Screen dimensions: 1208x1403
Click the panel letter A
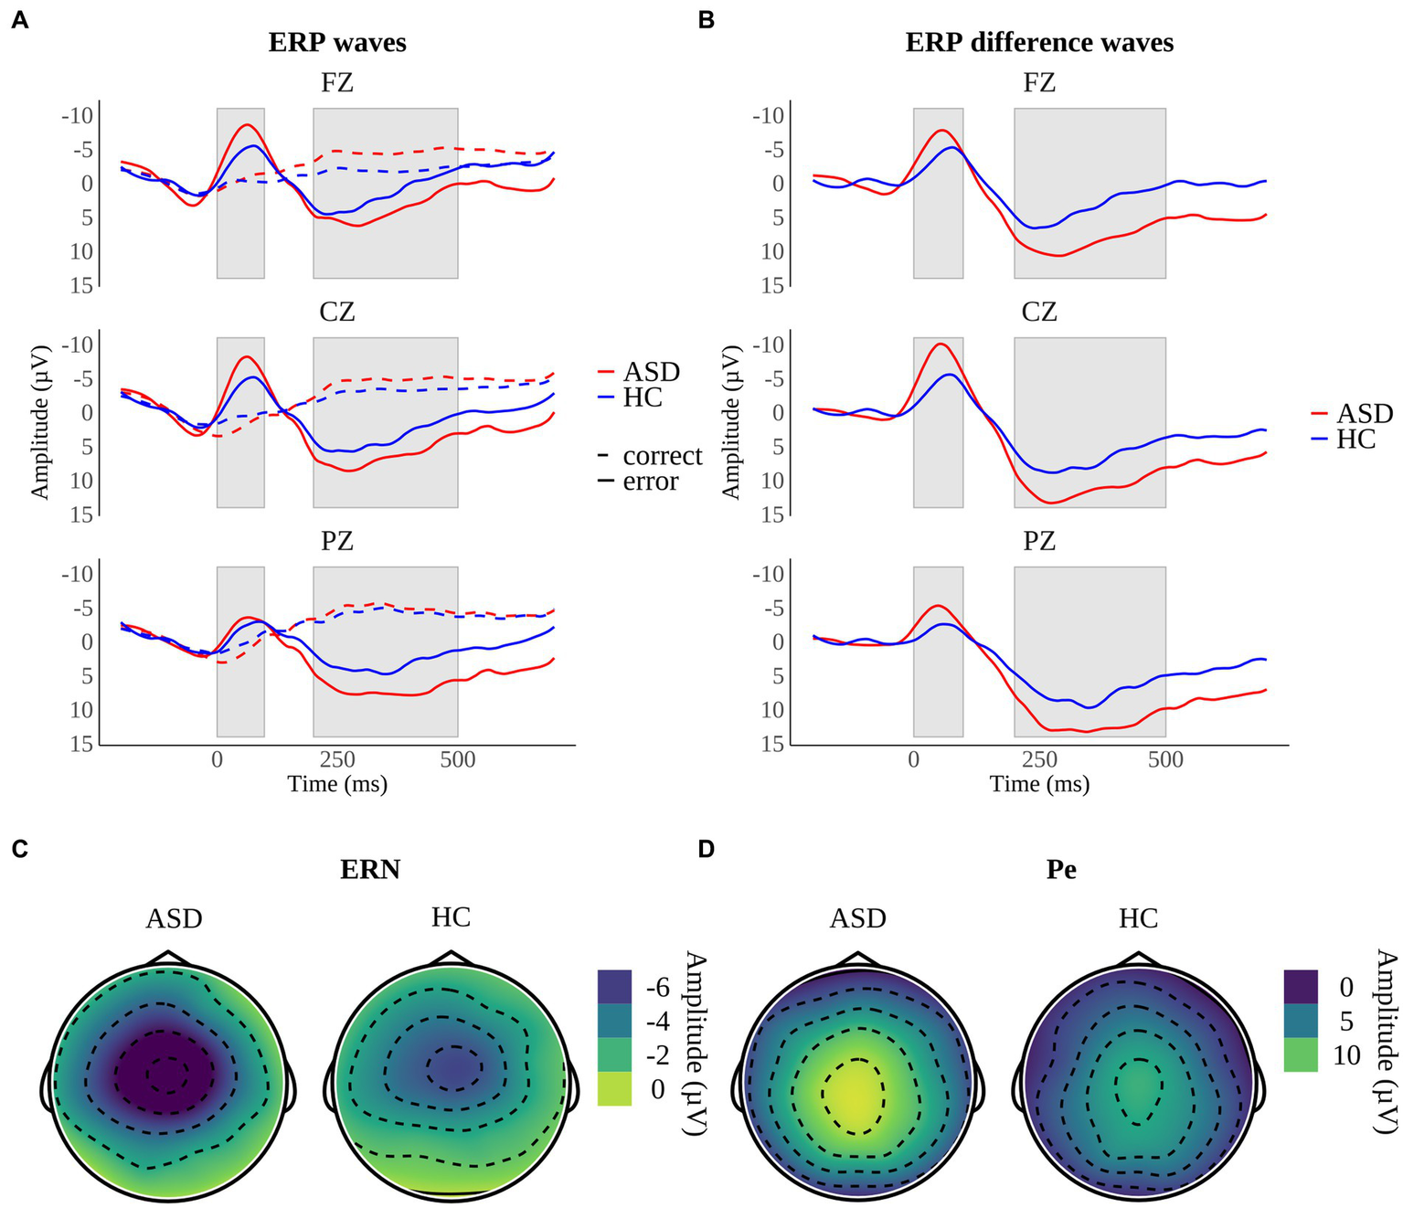point(19,21)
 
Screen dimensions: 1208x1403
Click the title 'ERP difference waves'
point(1039,43)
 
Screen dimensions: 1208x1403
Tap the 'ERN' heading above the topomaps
point(370,869)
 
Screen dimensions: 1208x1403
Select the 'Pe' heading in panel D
point(1060,869)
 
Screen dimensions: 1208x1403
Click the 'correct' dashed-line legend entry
point(662,456)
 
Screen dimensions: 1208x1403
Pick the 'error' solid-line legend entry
point(650,482)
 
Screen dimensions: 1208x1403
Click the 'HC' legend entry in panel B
point(1355,440)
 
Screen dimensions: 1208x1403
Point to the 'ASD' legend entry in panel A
point(651,372)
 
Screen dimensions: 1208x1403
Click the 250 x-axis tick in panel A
point(337,759)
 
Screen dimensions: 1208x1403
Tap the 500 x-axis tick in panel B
point(1165,759)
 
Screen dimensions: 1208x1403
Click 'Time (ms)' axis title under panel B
point(1039,784)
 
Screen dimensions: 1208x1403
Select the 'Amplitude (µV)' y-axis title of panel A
point(39,422)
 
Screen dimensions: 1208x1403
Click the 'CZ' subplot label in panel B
point(1039,313)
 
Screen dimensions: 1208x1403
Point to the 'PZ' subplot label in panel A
point(337,542)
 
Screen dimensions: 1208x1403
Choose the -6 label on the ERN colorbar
point(657,988)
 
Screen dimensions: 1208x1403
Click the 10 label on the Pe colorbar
point(1346,1056)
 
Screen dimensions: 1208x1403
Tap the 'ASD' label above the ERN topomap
point(174,917)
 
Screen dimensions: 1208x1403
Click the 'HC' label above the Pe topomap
point(1138,917)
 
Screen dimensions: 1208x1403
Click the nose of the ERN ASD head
point(166,956)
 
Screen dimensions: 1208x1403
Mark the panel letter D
point(706,849)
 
